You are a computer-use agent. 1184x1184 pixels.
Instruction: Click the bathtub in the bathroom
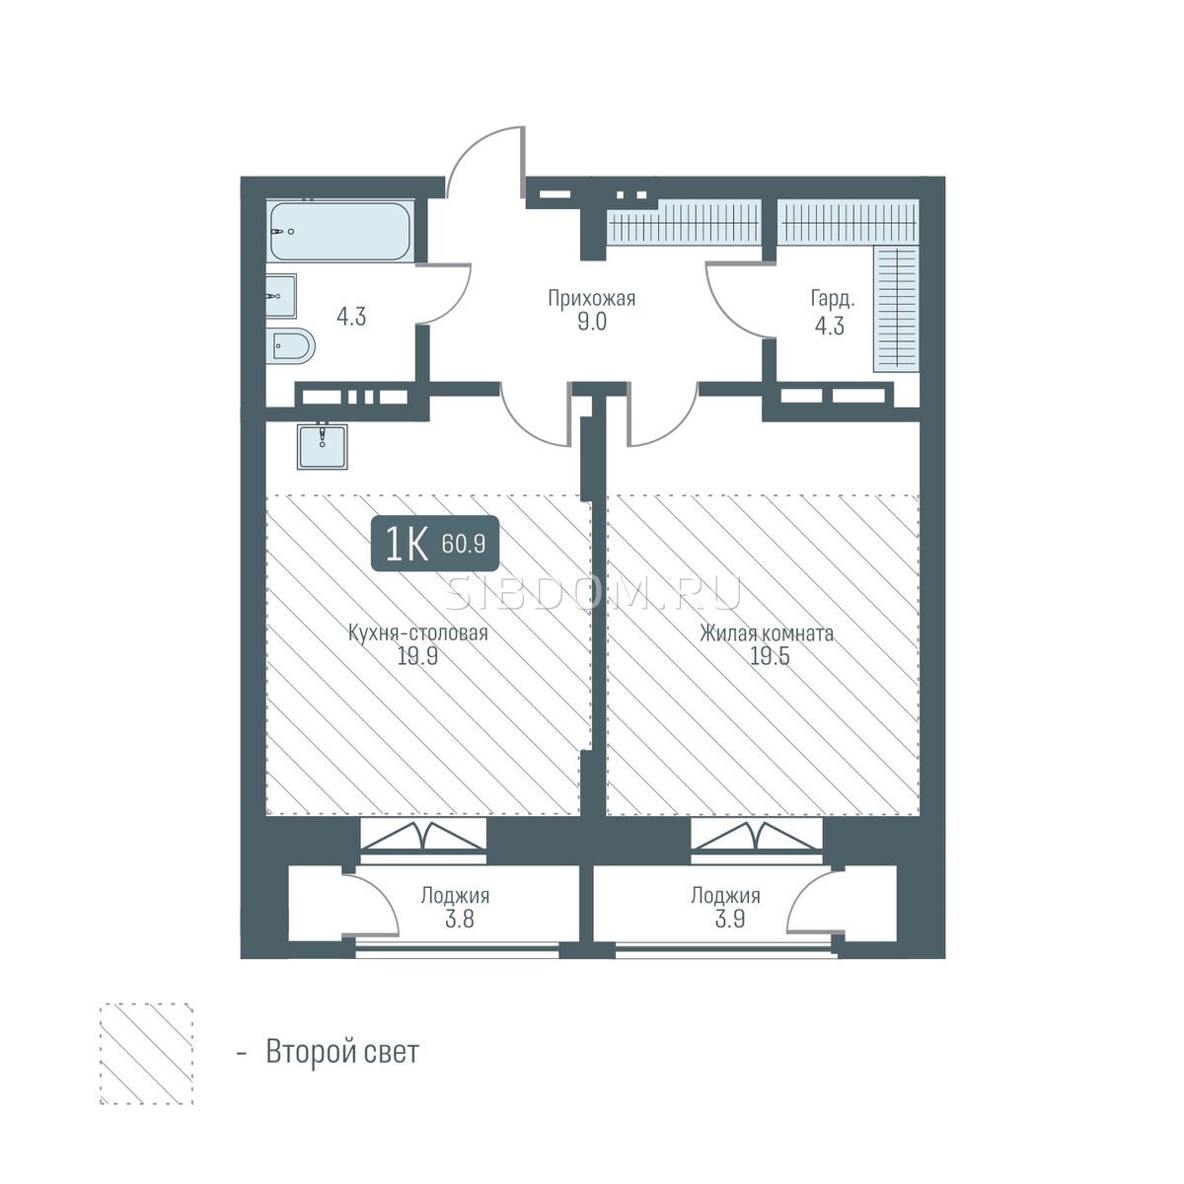tap(340, 231)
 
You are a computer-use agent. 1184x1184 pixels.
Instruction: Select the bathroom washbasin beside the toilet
tap(281, 296)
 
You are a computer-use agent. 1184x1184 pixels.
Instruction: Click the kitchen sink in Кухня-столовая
tap(323, 447)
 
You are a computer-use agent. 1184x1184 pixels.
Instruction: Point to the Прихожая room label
tap(591, 299)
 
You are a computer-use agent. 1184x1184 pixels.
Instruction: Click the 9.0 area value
tap(592, 322)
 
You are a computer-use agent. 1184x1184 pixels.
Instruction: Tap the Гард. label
tap(833, 299)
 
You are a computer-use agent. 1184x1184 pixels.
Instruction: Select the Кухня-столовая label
tap(417, 632)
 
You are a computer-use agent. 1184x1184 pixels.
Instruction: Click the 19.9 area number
tap(417, 656)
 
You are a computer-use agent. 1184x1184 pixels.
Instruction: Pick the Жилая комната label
tap(767, 632)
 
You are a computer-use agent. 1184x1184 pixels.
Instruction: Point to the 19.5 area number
tap(770, 656)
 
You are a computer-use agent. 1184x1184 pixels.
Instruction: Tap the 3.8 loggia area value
tap(460, 920)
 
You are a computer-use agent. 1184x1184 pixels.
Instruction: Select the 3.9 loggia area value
tap(730, 920)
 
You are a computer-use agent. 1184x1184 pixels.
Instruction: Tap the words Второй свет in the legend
tap(342, 1052)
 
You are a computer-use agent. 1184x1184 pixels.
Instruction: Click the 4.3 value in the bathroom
tap(351, 317)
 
